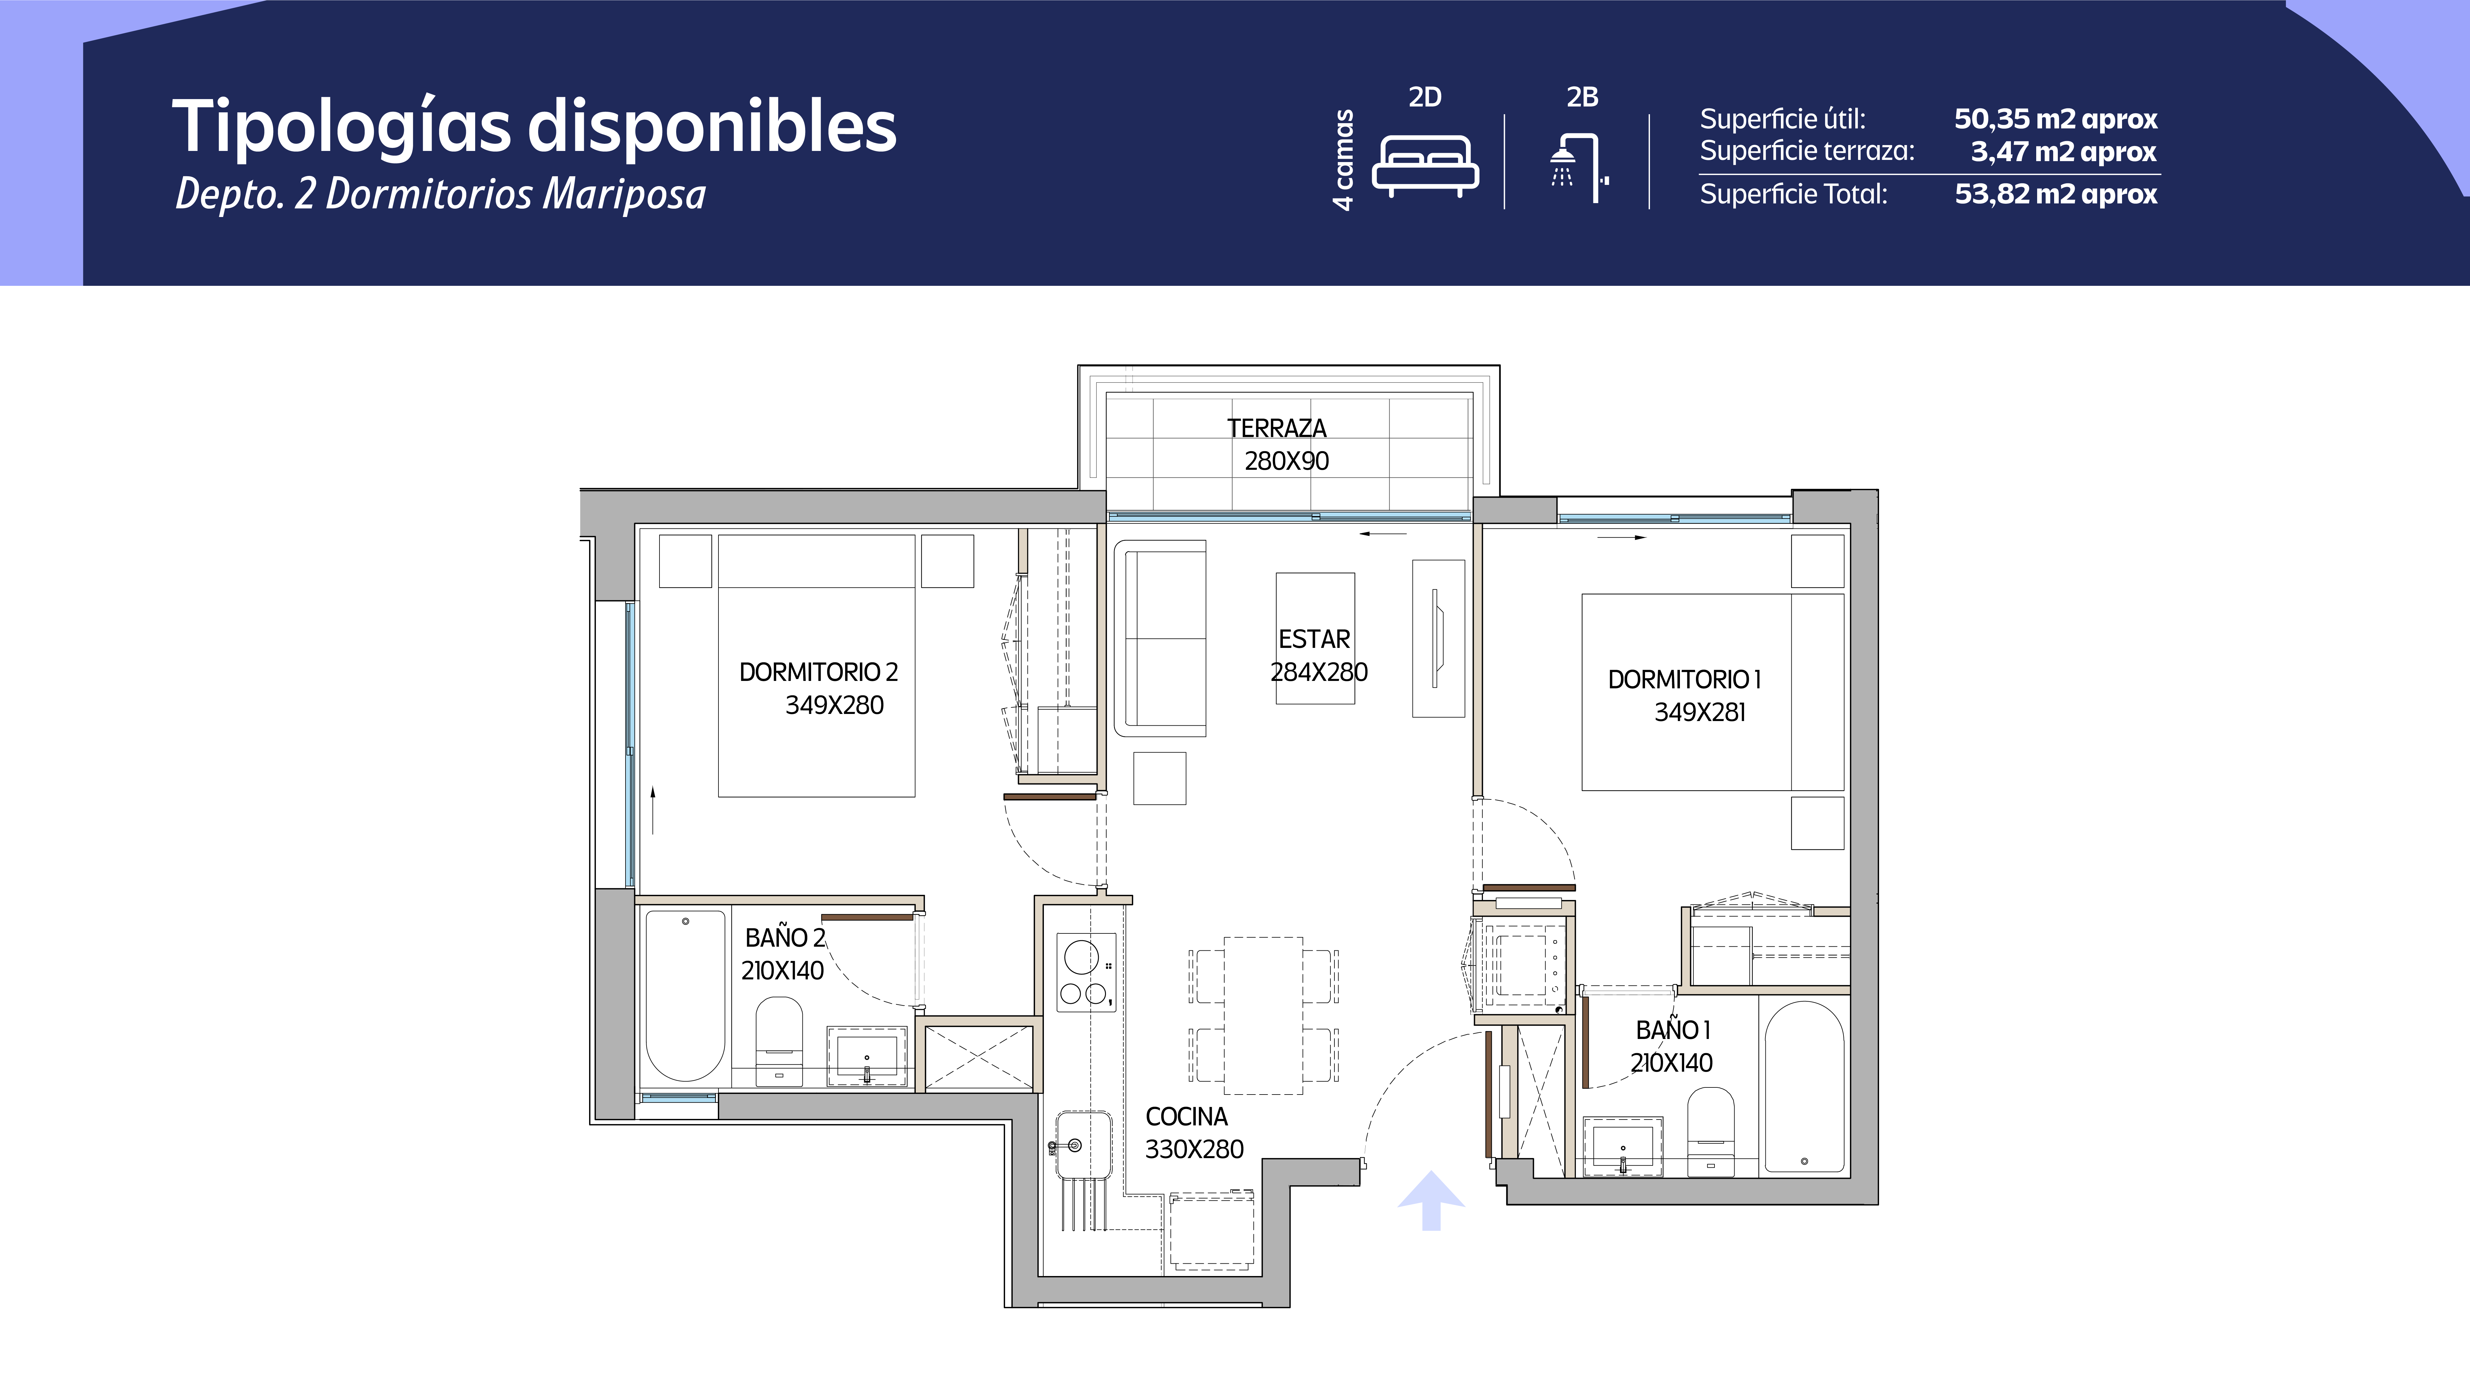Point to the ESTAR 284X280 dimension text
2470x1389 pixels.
point(1319,672)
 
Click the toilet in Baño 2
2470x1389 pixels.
point(779,1042)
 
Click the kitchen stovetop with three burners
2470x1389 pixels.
point(1086,972)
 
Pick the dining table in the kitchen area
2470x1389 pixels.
point(1263,1015)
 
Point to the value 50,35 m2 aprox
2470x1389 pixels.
point(2056,119)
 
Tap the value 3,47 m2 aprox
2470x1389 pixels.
point(2063,152)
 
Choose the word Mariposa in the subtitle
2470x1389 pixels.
point(624,194)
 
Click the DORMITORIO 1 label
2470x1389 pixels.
point(1685,680)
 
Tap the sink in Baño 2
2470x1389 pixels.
point(867,1056)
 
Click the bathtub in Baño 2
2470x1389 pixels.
point(685,996)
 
